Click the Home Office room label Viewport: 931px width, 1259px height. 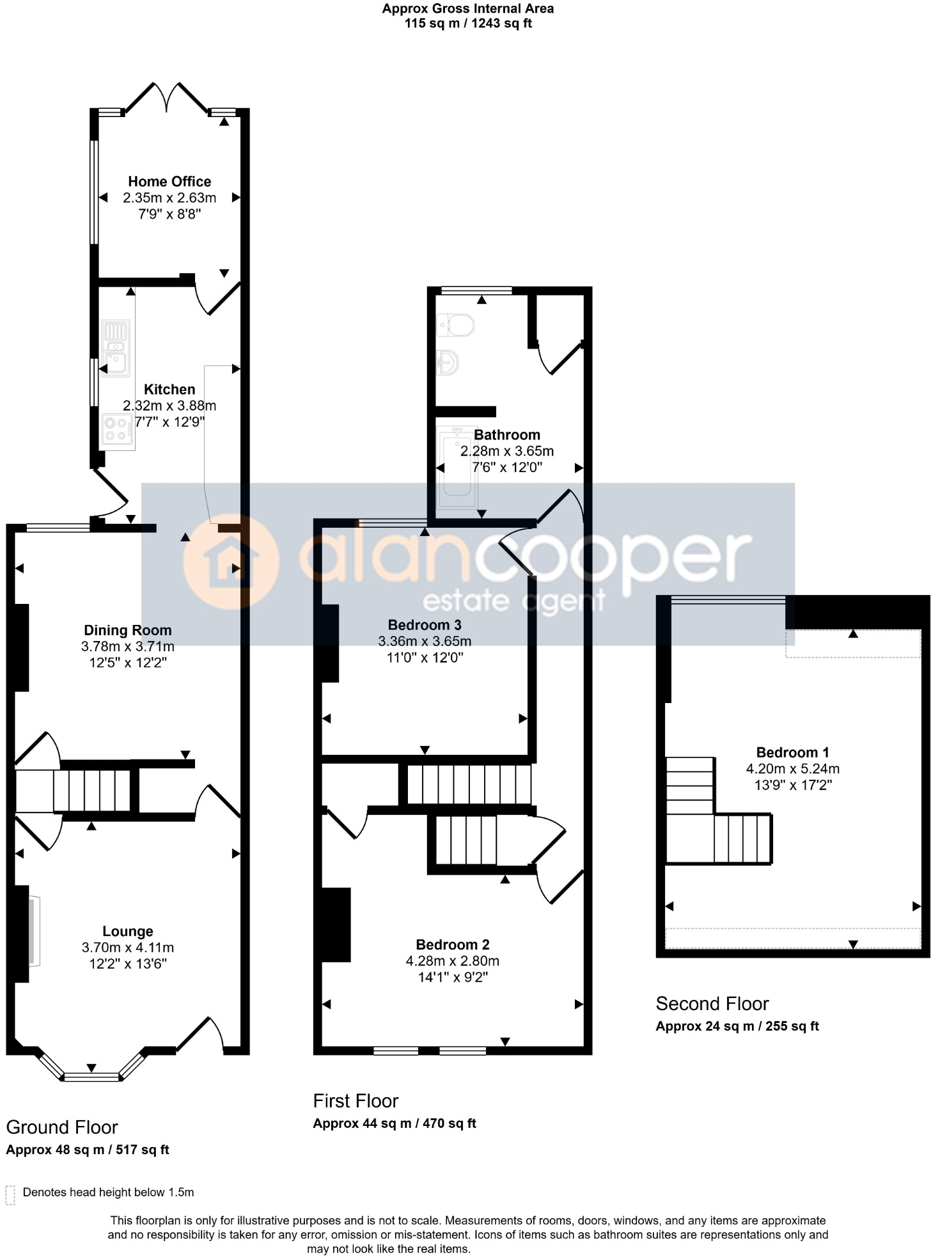tap(169, 182)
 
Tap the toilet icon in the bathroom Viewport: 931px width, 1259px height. tap(456, 326)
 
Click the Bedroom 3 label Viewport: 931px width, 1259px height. tap(425, 625)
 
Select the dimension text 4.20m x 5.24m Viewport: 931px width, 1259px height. tap(792, 769)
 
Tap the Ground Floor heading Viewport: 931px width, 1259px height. tap(62, 1127)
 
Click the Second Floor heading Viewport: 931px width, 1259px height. tap(712, 1004)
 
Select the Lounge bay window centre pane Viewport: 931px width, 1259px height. tap(91, 1077)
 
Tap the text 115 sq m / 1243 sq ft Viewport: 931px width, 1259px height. tap(468, 24)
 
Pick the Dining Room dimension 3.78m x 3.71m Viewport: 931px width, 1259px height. tap(128, 647)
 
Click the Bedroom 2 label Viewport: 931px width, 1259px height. tap(452, 945)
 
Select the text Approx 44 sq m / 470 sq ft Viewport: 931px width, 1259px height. tap(395, 1123)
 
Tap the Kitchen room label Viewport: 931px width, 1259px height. tap(169, 390)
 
